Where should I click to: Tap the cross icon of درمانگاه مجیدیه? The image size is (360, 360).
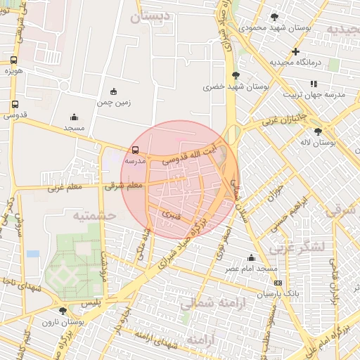295,51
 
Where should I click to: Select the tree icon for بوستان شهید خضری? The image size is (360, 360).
236,76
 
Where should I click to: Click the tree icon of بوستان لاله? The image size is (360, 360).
318,131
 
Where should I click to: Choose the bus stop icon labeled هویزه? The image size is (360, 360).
14,60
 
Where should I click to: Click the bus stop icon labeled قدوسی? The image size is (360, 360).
15,105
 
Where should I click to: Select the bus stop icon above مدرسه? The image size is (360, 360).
135,150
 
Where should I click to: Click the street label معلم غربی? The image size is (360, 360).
65,188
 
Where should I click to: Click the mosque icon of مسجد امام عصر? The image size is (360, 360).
251,258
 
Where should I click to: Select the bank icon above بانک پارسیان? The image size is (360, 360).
278,283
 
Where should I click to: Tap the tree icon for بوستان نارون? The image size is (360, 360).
63,310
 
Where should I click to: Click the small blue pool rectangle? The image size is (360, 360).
33,253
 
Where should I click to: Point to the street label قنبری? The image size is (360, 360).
171,212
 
